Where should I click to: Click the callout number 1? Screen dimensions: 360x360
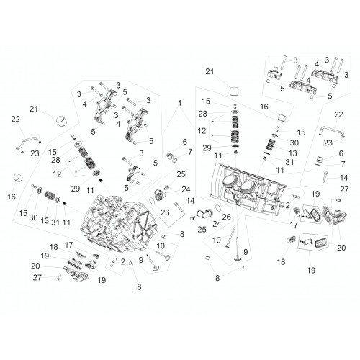[x=179, y=103]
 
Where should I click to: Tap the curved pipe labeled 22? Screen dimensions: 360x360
[x=26, y=143]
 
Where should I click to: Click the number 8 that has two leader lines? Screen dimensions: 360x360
[x=217, y=278]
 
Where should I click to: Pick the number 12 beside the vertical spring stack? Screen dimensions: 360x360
[x=202, y=131]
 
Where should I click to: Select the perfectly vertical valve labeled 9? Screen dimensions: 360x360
[x=238, y=250]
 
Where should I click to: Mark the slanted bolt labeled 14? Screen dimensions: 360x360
[x=179, y=208]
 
